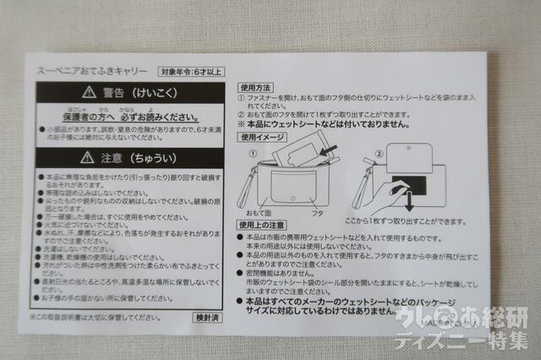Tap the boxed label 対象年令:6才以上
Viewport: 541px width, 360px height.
click(x=192, y=73)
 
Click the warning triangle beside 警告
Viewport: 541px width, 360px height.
click(x=87, y=91)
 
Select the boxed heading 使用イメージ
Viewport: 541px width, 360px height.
click(x=260, y=137)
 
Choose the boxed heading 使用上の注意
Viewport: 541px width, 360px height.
click(x=260, y=226)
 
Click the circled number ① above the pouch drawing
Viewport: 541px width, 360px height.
click(x=251, y=153)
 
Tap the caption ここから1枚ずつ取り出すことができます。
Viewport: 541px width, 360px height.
click(x=429, y=221)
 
